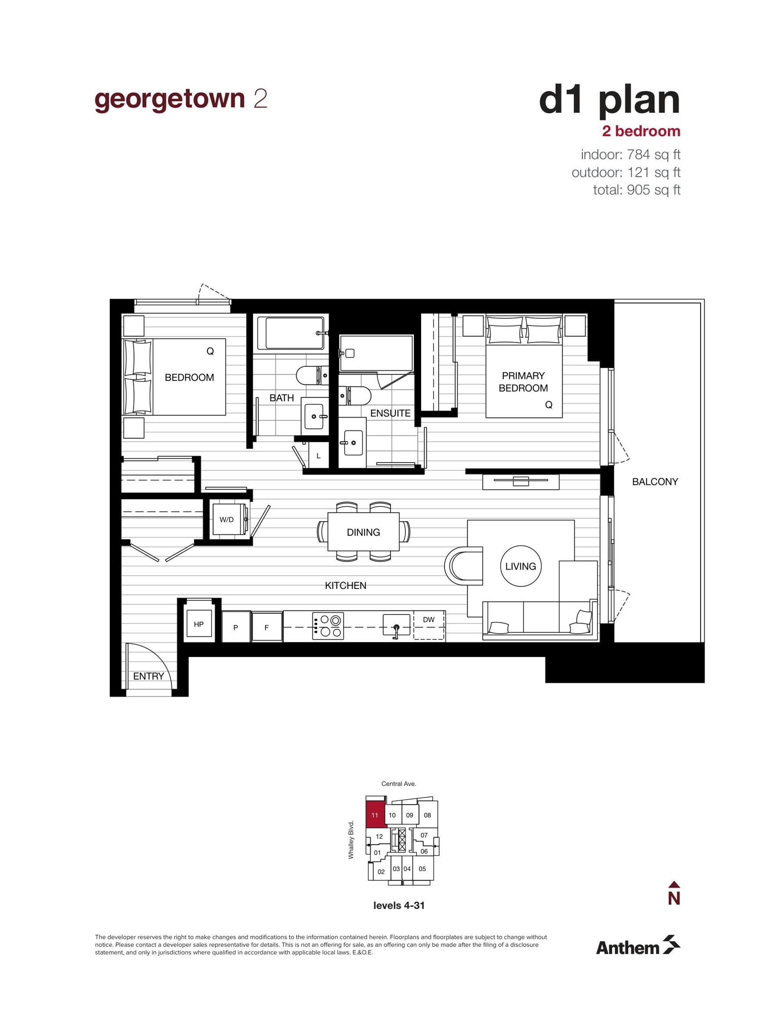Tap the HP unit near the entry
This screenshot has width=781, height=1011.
pos(199,624)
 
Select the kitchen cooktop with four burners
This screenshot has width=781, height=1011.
pos(328,626)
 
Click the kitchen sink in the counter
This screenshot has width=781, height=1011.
pos(396,626)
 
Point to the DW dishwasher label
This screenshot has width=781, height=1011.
pos(429,620)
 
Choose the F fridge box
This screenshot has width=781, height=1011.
pos(267,627)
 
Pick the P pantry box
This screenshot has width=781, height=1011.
pos(236,627)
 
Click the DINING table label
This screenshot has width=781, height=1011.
pos(363,532)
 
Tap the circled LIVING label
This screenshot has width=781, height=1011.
pos(521,566)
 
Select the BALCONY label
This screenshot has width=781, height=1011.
pos(655,482)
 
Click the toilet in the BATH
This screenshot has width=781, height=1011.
pos(312,375)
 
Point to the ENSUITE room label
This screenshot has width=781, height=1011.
pos(390,413)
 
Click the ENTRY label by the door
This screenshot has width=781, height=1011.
pos(149,676)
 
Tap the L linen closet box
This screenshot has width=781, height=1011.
pos(319,455)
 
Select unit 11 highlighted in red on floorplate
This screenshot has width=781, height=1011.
pos(376,815)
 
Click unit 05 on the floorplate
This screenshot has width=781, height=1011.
pos(422,869)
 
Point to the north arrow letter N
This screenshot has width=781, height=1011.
pos(674,899)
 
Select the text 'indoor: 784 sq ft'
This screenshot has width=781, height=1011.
pos(631,154)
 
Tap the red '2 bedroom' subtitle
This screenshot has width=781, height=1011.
pos(641,132)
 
